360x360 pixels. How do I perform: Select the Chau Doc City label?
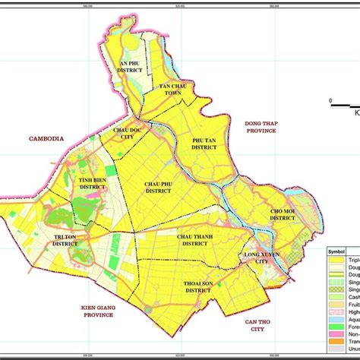129,133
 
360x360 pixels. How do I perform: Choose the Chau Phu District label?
158,186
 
